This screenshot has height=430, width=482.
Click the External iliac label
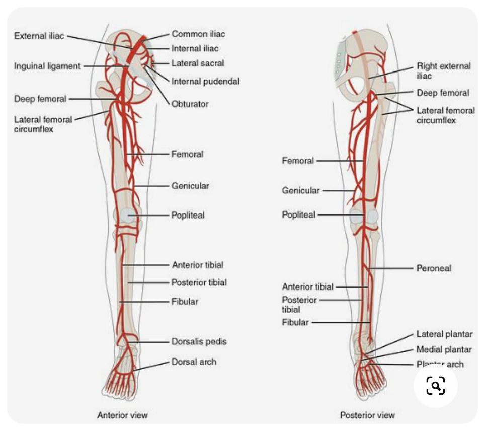click(39, 36)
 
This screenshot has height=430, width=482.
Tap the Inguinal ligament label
click(47, 66)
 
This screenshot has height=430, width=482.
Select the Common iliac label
click(198, 34)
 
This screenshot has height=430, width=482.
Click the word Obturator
click(190, 104)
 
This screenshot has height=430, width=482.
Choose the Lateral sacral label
click(198, 63)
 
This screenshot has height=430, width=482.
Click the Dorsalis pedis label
click(199, 341)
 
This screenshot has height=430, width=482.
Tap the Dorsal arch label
click(194, 362)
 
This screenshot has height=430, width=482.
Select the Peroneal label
click(434, 268)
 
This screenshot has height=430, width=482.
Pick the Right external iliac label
click(443, 70)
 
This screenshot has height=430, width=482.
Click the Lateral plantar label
click(444, 334)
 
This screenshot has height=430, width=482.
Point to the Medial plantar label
click(444, 349)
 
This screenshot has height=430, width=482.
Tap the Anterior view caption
click(122, 415)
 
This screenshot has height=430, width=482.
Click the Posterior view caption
click(367, 415)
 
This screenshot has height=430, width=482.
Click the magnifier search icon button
click(436, 385)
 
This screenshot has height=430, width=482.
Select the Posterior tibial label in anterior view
click(199, 282)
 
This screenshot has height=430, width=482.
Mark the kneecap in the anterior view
click(127, 216)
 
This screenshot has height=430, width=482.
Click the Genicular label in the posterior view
click(300, 190)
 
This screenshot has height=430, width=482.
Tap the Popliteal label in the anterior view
click(188, 215)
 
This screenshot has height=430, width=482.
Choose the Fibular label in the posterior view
click(295, 322)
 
